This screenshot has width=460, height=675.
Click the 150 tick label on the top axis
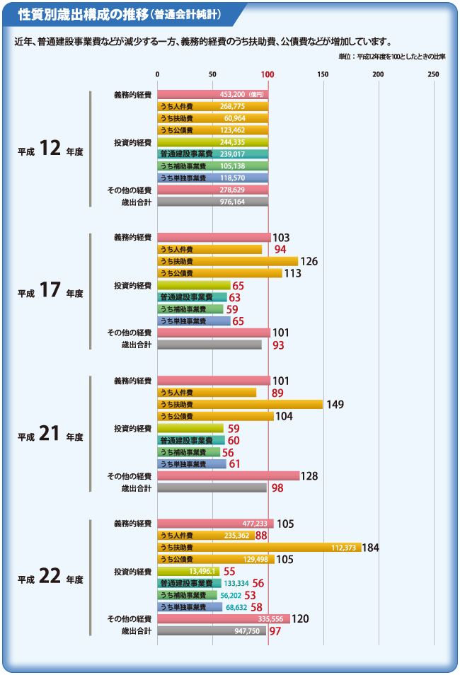(323, 74)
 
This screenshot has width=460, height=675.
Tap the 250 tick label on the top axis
(433, 74)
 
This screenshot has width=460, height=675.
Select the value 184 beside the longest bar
(371, 548)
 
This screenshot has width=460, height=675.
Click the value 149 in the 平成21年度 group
(335, 405)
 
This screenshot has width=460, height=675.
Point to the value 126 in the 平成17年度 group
(309, 261)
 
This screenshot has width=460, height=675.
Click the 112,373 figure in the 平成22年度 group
(345, 548)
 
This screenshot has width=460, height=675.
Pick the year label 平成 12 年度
(50, 149)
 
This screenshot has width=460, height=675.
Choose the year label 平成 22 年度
(50, 578)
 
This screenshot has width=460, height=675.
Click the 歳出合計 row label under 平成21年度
(136, 487)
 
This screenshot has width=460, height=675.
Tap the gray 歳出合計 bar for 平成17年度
(209, 345)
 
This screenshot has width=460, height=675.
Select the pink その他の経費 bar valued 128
(228, 476)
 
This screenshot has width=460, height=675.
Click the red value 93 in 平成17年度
(279, 345)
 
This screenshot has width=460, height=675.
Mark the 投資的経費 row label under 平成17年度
(132, 285)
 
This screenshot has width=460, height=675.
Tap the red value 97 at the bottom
(275, 631)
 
